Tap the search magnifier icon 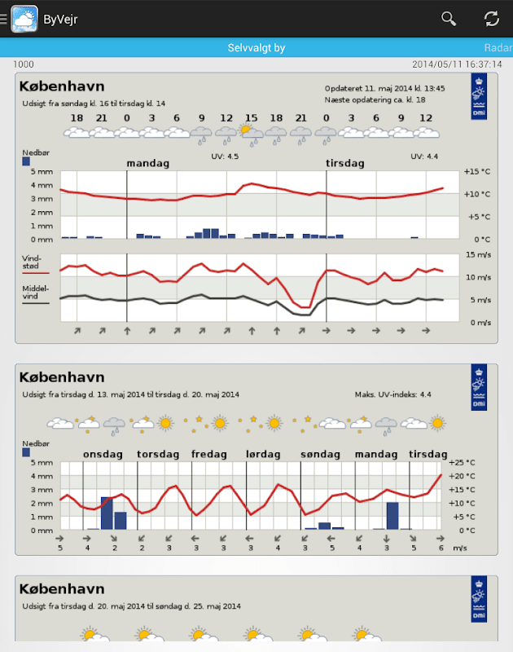coord(449,18)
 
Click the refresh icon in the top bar coord(492,18)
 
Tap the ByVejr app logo coord(24,18)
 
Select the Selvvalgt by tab coord(256,48)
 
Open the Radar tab coord(498,48)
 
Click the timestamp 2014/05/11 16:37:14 coord(457,64)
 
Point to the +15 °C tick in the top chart coord(476,171)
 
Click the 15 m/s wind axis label coord(478,255)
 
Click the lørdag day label coord(263,454)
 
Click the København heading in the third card coord(62,588)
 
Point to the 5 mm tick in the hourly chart coord(42,171)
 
